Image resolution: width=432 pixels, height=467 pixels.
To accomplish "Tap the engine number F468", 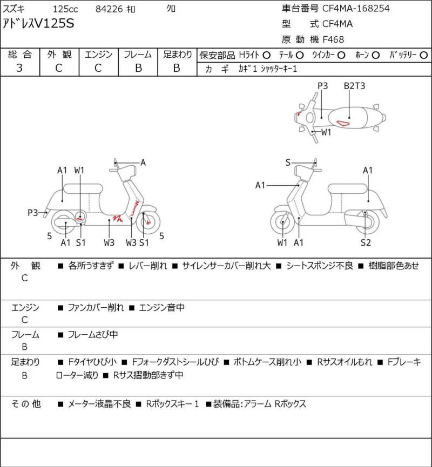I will (x=333, y=39).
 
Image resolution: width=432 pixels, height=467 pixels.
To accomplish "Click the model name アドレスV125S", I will (x=39, y=24).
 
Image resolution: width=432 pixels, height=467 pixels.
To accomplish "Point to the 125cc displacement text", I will (x=65, y=9).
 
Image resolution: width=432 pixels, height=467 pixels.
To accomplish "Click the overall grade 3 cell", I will (x=19, y=67).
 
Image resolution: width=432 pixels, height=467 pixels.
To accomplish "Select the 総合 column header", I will (x=19, y=55).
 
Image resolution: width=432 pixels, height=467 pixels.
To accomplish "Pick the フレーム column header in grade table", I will (x=138, y=55).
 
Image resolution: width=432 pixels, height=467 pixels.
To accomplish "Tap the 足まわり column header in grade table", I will (x=177, y=55).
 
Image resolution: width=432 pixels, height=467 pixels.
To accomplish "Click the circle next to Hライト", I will (x=266, y=55).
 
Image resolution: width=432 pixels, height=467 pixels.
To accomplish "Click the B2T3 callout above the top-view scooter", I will (x=354, y=86).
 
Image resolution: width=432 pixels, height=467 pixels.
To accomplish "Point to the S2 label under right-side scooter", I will (x=366, y=242).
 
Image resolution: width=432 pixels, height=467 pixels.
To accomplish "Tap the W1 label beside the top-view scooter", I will (x=326, y=132).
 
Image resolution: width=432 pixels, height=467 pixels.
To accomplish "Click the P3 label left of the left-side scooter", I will (x=33, y=213).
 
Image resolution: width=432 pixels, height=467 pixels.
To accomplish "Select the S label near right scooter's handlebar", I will (x=288, y=163).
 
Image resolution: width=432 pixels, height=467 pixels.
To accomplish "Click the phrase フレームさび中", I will (x=92, y=335).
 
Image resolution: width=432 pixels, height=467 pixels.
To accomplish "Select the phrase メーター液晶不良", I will (x=99, y=403).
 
